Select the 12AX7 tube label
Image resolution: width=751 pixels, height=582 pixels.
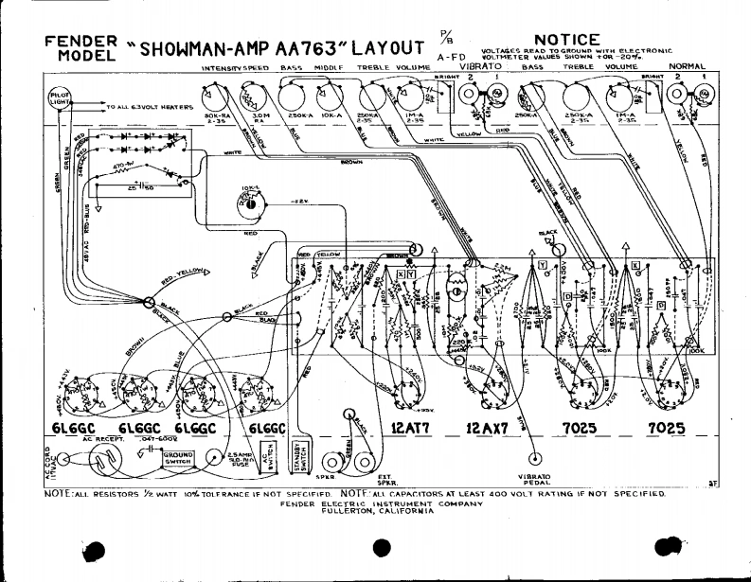(x=490, y=429)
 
